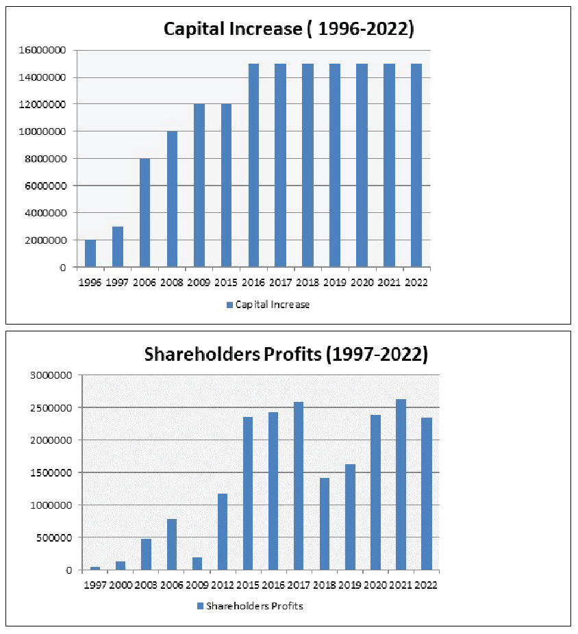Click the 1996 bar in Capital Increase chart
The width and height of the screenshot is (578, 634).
[x=90, y=253]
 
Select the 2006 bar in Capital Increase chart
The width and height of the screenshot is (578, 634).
[x=145, y=213]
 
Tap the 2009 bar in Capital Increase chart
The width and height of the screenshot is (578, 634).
[x=199, y=186]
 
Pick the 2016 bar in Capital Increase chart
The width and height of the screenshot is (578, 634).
[x=253, y=165]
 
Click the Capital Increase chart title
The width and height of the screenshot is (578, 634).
[x=288, y=29]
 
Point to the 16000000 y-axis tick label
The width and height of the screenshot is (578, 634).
[x=43, y=50]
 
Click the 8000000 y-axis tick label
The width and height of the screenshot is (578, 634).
[x=46, y=159]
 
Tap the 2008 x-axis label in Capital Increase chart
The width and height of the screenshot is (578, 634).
[x=172, y=282]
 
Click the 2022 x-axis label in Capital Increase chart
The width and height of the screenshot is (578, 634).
[x=416, y=282]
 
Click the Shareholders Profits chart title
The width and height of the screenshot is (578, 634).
[x=286, y=355]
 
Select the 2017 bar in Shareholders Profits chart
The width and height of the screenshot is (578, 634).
[x=299, y=486]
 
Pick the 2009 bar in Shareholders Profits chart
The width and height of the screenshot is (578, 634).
[x=197, y=563]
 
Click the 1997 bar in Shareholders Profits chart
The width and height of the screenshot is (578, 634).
[x=95, y=568]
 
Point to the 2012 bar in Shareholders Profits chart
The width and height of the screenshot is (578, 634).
[x=223, y=531]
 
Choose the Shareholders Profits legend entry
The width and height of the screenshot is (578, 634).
[x=249, y=606]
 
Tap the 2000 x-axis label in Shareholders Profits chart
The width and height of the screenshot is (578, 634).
[x=120, y=585]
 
